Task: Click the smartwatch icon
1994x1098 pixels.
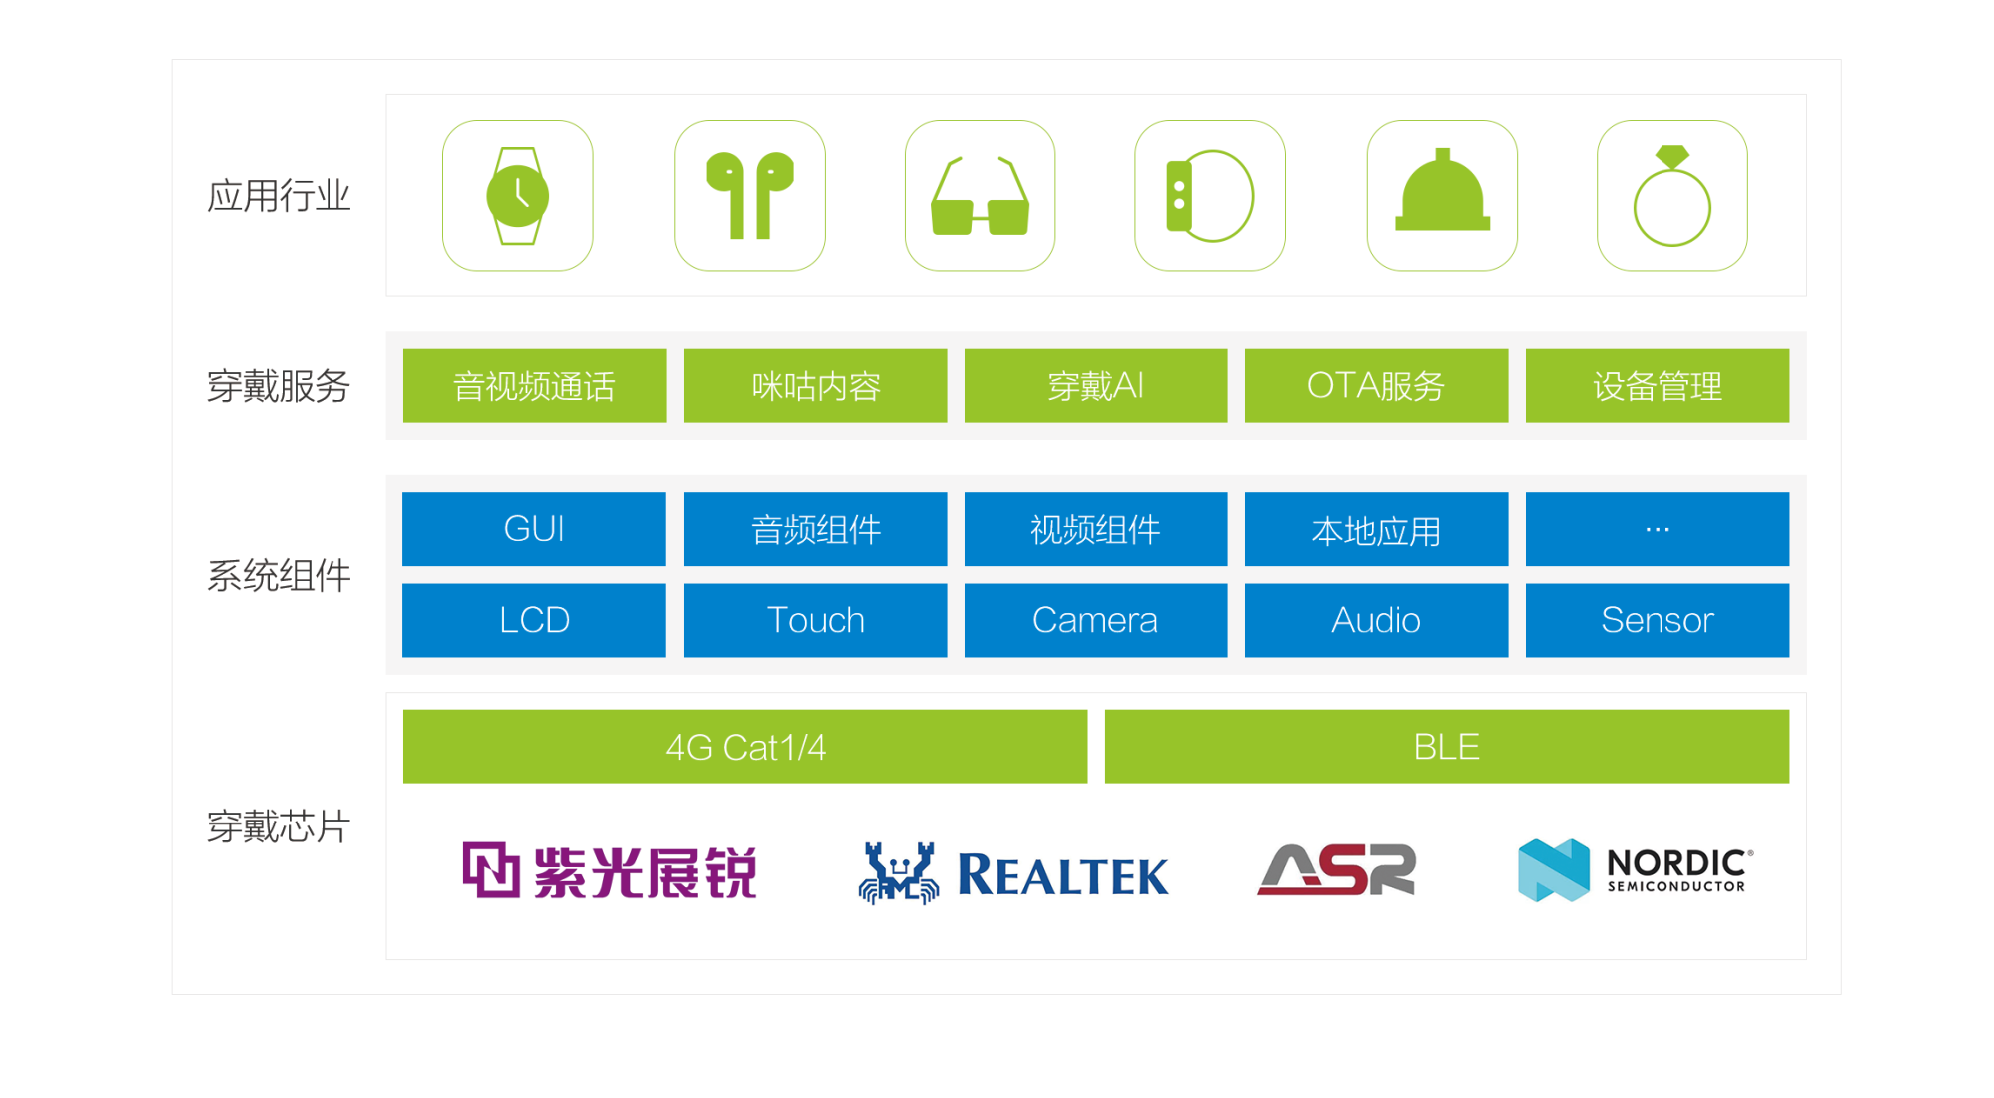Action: tap(517, 196)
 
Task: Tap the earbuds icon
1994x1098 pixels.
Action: tap(749, 195)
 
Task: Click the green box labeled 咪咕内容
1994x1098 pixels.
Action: tap(815, 385)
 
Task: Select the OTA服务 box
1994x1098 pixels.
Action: tap(1376, 385)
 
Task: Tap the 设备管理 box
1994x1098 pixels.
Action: tap(1657, 385)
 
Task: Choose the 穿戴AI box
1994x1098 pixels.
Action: tap(1095, 385)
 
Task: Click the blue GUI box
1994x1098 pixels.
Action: tap(534, 529)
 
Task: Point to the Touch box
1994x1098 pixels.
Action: tap(815, 620)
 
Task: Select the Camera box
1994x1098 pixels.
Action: tap(1095, 620)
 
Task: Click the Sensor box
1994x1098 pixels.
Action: tap(1657, 620)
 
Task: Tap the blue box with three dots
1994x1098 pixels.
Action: tap(1657, 529)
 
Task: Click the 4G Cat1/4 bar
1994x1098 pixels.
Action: tap(745, 747)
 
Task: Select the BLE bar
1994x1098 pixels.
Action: tap(1447, 747)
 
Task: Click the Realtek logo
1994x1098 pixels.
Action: tap(1012, 872)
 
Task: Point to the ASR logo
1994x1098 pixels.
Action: tap(1336, 869)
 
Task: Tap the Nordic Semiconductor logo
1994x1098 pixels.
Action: tap(1636, 870)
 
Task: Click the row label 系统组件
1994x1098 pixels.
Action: tap(279, 576)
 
